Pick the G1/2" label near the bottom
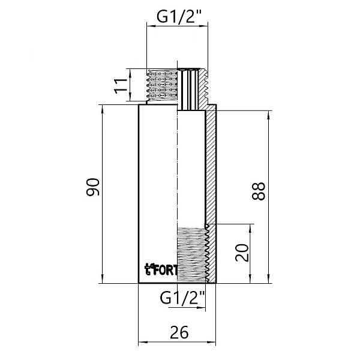point(182,296)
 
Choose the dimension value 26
point(178,331)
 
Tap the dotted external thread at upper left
point(162,85)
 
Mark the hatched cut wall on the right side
point(212,168)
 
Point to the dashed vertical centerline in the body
point(178,168)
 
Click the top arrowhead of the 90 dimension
point(102,108)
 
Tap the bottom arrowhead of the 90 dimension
point(102,280)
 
